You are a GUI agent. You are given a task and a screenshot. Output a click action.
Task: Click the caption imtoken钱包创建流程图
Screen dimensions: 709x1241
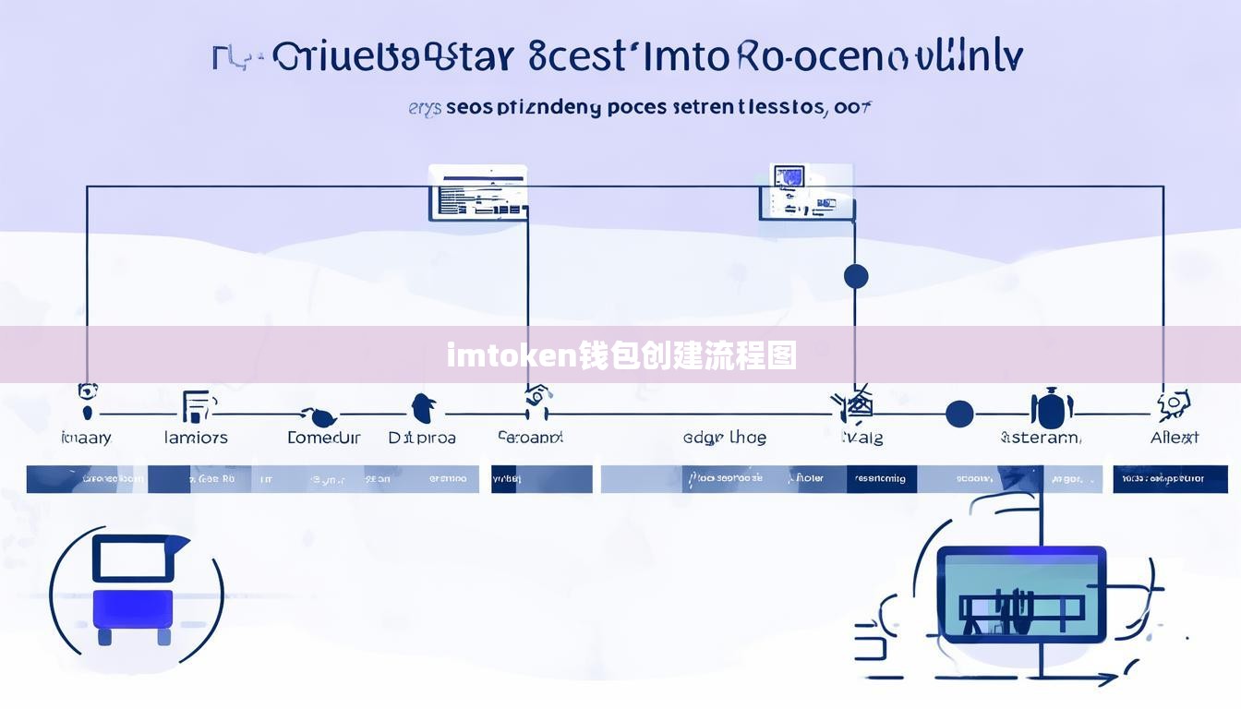pyautogui.click(x=621, y=354)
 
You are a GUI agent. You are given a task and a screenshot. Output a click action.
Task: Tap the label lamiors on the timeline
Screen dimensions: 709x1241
pyautogui.click(x=196, y=438)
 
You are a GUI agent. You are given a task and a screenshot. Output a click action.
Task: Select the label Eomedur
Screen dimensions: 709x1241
pyautogui.click(x=323, y=438)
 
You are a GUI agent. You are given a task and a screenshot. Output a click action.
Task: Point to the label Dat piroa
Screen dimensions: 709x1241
pyautogui.click(x=422, y=438)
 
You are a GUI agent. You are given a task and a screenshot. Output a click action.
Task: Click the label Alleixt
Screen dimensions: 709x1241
pyautogui.click(x=1175, y=438)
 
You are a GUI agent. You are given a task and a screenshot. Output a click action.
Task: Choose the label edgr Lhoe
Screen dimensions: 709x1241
pyautogui.click(x=724, y=438)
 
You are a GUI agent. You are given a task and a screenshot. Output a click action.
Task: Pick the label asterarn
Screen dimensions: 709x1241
pyautogui.click(x=1041, y=438)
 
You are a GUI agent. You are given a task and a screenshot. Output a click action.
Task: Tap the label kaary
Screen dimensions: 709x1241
pyautogui.click(x=86, y=438)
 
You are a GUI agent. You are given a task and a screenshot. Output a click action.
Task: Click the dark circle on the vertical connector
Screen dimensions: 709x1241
pyautogui.click(x=856, y=276)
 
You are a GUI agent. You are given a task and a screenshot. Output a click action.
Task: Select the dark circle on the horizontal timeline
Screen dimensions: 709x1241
pyautogui.click(x=959, y=414)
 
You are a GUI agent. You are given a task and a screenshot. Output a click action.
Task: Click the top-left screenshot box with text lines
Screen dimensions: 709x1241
pyautogui.click(x=477, y=193)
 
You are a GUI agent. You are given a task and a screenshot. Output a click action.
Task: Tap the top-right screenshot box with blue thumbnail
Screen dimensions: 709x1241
pyautogui.click(x=806, y=192)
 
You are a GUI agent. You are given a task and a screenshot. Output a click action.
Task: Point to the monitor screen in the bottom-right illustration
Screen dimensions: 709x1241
pyautogui.click(x=1021, y=594)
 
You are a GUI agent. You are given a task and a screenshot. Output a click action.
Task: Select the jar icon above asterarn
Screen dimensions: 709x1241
pyautogui.click(x=1051, y=408)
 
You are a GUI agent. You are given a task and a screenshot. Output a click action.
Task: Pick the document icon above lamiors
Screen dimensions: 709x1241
pyautogui.click(x=197, y=406)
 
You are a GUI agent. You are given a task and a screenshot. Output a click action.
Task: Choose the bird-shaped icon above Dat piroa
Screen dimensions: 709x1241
pyautogui.click(x=424, y=406)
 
